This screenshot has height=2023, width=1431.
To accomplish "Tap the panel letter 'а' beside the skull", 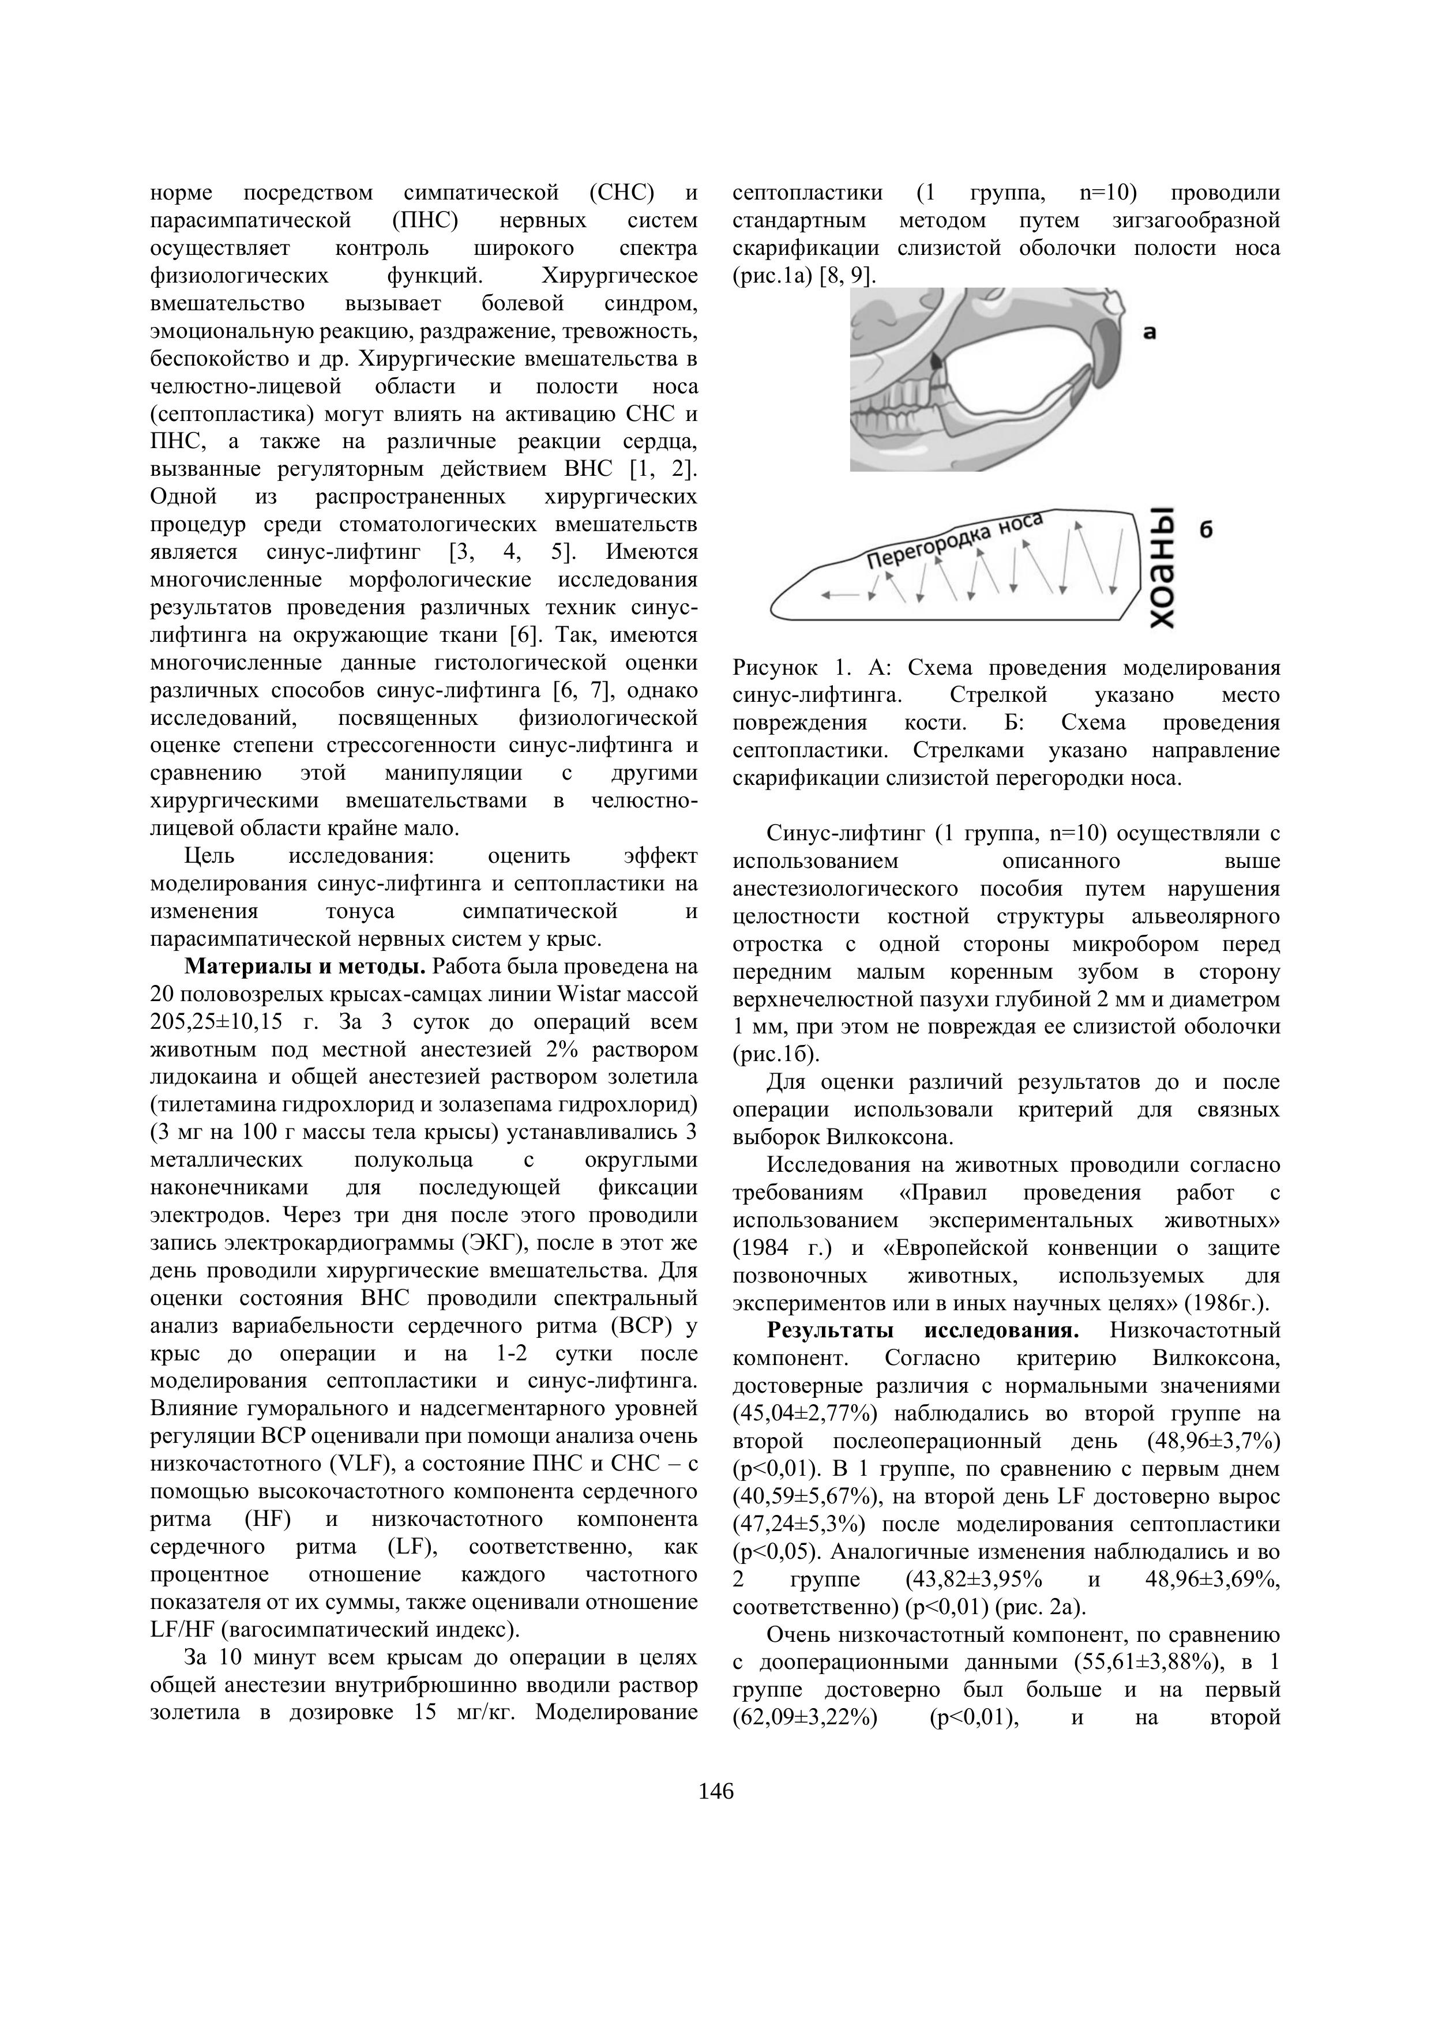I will click(x=1149, y=332).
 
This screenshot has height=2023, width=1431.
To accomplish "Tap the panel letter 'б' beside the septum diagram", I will click(x=1206, y=529).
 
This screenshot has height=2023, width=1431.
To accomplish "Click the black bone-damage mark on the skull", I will click(x=935, y=360).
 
